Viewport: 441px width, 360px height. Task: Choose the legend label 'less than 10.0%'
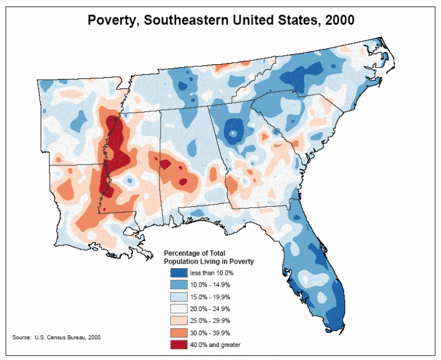[211, 273]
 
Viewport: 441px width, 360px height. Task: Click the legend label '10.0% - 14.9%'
[209, 285]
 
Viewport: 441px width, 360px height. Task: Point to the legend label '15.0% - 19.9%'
[209, 296]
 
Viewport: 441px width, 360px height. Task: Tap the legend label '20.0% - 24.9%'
[209, 308]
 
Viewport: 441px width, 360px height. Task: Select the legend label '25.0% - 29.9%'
[209, 320]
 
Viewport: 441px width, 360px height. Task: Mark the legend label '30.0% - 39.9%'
[209, 332]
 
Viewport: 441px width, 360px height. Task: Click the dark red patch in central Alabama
[165, 164]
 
